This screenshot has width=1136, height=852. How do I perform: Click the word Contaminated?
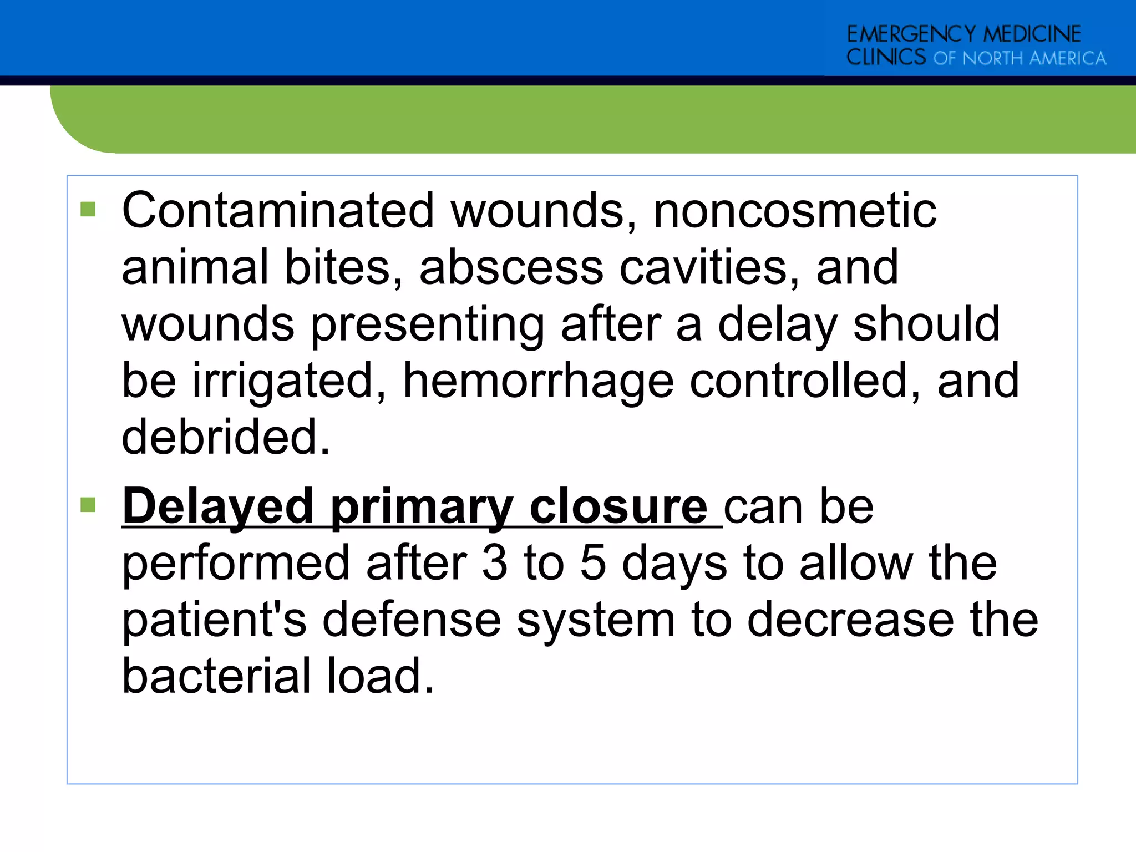[x=277, y=210]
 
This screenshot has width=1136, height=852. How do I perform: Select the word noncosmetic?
[x=795, y=210]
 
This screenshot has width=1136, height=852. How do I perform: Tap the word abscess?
[x=511, y=267]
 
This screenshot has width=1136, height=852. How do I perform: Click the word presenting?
[x=427, y=326]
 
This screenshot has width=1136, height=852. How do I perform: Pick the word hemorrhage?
[x=538, y=382]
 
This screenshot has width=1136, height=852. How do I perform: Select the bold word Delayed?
[x=218, y=507]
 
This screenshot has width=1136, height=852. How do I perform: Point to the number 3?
[x=495, y=563]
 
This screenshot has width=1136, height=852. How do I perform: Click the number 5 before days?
[x=593, y=563]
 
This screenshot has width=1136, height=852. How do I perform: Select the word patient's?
[x=214, y=620]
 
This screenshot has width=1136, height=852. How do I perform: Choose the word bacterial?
[x=217, y=676]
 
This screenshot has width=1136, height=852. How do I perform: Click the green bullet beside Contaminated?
[x=88, y=210]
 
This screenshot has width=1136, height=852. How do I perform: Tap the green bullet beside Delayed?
[x=88, y=505]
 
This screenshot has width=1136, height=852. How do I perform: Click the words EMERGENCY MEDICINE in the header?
[x=963, y=34]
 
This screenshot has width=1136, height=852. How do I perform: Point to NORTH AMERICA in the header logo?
[x=1034, y=58]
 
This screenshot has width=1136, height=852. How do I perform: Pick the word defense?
[x=412, y=620]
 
